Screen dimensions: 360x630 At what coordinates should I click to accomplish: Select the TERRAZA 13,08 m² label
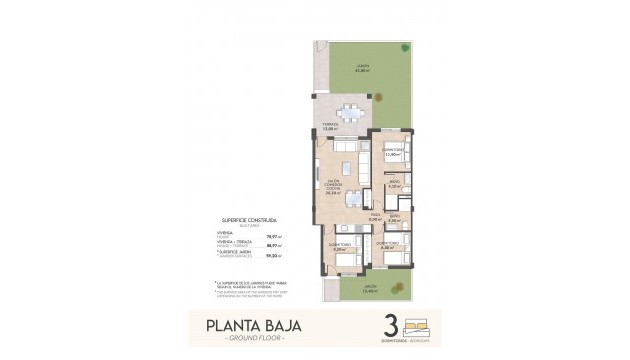point(329,128)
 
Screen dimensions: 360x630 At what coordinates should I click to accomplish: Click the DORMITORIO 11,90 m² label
point(393,153)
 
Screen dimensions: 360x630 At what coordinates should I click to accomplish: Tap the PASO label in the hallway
point(374,217)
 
